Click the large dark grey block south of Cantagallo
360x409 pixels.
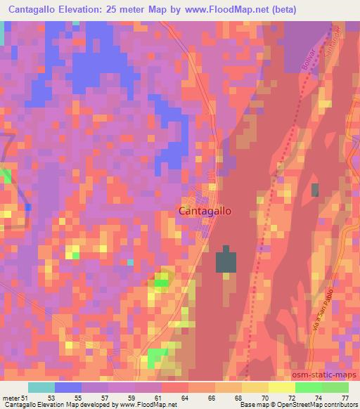pyautogui.click(x=226, y=261)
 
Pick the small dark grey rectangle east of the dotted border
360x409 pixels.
pyautogui.click(x=315, y=189)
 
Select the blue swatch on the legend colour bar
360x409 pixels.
pyautogui.click(x=67, y=387)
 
